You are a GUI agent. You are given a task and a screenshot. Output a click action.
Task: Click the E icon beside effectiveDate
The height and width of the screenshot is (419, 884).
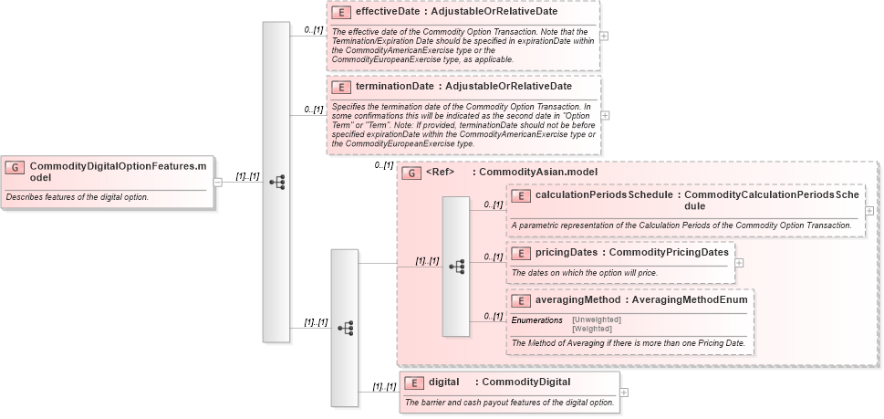340,13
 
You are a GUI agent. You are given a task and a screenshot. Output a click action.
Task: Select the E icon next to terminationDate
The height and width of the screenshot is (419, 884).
340,87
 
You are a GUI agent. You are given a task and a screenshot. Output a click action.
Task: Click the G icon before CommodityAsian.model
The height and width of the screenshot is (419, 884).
411,172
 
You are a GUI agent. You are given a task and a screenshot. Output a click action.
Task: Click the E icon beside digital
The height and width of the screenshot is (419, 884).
413,382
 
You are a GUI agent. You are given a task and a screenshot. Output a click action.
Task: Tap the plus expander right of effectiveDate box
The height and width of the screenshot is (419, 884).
603,37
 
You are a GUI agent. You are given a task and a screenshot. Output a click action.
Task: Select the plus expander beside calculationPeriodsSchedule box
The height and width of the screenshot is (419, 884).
869,210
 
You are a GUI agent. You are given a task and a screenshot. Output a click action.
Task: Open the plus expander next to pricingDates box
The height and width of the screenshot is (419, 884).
739,263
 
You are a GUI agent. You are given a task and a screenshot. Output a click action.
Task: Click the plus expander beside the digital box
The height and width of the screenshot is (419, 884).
624,393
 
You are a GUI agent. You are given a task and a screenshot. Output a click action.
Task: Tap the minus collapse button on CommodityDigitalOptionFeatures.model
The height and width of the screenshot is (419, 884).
217,182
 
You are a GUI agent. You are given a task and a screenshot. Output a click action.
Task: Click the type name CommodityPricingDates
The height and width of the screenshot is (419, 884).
668,253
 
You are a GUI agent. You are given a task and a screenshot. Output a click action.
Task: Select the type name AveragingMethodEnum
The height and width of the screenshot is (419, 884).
691,299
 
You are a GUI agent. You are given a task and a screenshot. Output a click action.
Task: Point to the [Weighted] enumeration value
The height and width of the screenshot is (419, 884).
592,329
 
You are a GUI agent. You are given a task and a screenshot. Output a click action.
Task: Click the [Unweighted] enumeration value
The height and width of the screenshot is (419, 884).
596,319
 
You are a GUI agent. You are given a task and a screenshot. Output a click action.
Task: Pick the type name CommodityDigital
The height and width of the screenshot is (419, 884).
525,382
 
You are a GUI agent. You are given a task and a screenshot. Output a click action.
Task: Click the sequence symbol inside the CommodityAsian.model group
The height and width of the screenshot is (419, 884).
456,267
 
